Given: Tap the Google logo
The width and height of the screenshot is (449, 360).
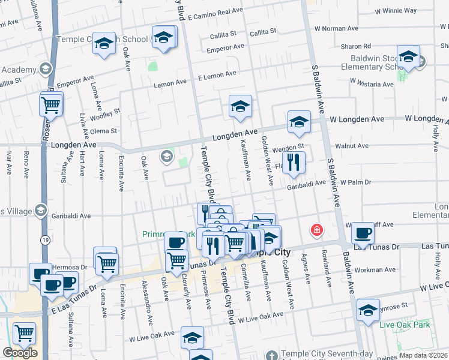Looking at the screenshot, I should click(20, 353).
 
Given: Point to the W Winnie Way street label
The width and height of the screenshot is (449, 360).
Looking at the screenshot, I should click(395, 11).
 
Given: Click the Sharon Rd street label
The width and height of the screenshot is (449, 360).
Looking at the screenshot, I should click(355, 46).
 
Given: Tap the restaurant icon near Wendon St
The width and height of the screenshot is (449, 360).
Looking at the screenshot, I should click(294, 163).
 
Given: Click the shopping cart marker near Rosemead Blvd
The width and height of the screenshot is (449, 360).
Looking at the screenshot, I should click(51, 105).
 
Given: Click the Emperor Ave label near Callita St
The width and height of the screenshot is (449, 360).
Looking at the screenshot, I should click(226, 46).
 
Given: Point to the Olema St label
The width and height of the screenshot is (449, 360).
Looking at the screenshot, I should click(104, 130).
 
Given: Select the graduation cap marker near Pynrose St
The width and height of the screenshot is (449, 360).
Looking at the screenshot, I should click(368, 310).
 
